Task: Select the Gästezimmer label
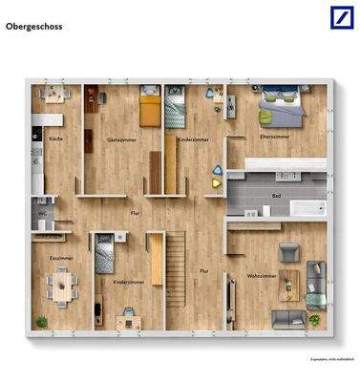[x=119, y=139]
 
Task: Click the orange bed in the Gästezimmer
[x=151, y=107]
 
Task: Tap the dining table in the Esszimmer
[x=64, y=284]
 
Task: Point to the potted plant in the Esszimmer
[x=41, y=321]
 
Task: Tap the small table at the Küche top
[x=53, y=94]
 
